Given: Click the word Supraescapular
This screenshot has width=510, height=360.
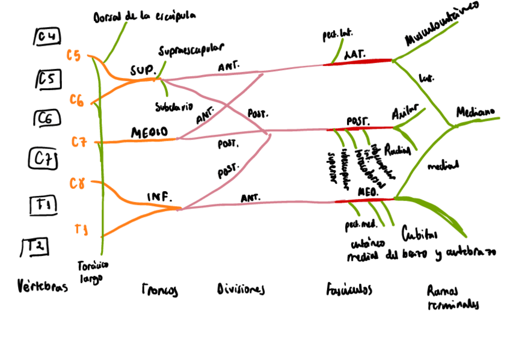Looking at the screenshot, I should pyautogui.click(x=191, y=48).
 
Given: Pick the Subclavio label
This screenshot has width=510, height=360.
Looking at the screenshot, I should pyautogui.click(x=174, y=106).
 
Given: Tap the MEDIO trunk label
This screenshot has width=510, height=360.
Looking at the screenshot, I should pyautogui.click(x=149, y=132).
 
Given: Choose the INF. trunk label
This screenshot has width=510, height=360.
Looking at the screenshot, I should pyautogui.click(x=159, y=197).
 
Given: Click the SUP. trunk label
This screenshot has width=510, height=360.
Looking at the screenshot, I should pyautogui.click(x=143, y=69).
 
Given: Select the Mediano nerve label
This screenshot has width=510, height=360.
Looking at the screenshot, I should pyautogui.click(x=475, y=112).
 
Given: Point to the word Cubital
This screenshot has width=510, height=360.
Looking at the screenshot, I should pyautogui.click(x=419, y=234).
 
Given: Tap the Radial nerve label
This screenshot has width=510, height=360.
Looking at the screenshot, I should pyautogui.click(x=397, y=149).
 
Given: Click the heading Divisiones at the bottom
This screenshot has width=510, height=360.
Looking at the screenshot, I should pyautogui.click(x=241, y=290).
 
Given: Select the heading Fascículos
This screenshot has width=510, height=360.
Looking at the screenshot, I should pyautogui.click(x=349, y=290).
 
